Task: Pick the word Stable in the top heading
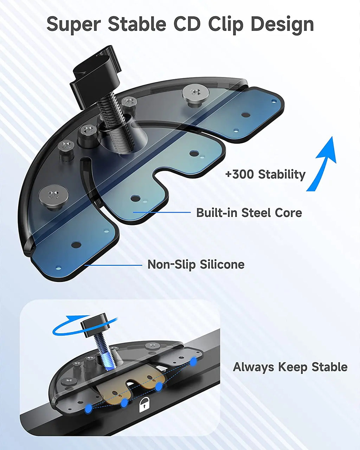click(x=137, y=24)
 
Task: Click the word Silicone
click(x=221, y=264)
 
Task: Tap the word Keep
click(x=291, y=367)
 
